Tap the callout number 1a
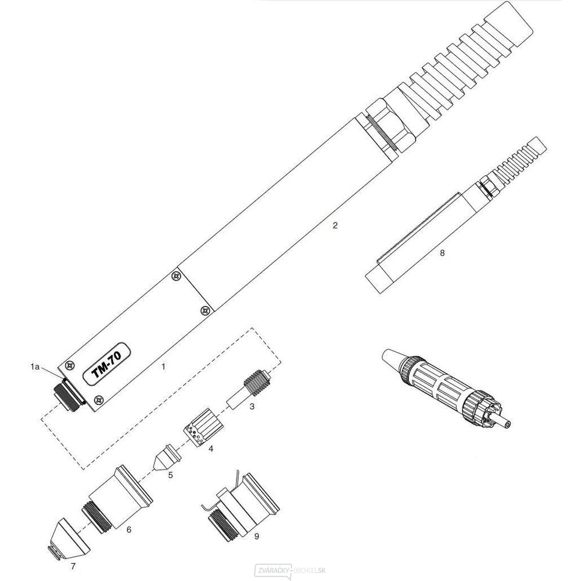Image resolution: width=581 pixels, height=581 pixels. point(36,367)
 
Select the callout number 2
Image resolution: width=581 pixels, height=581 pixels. point(335,226)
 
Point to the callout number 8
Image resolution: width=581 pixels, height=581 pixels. point(443,253)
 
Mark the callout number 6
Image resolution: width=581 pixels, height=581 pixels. point(129,529)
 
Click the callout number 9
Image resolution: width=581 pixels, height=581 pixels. point(256,537)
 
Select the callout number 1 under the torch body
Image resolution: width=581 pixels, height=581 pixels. point(164,367)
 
